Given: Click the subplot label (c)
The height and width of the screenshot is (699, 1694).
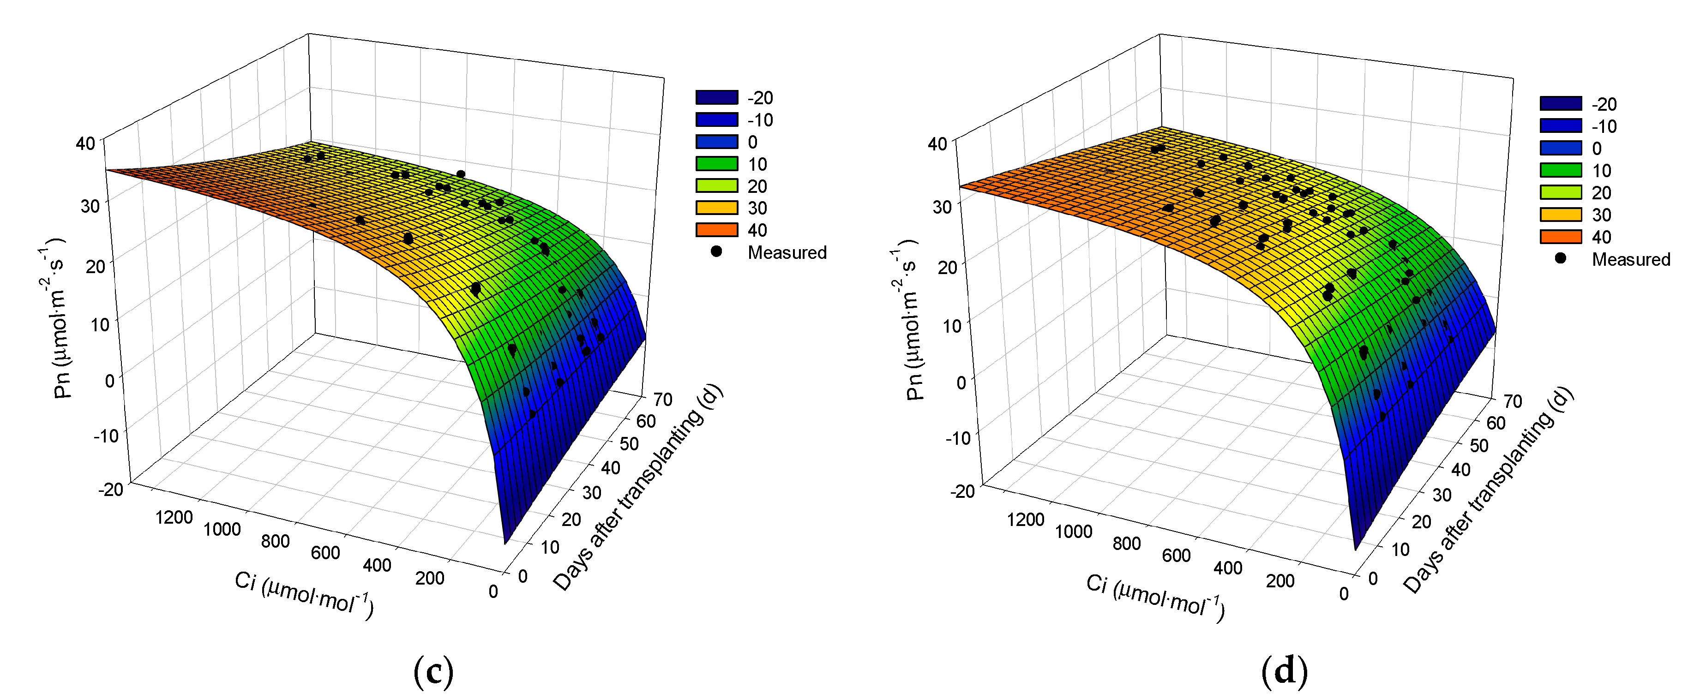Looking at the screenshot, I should click(433, 671).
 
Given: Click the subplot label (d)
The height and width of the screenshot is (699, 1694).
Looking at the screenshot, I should click(1284, 671).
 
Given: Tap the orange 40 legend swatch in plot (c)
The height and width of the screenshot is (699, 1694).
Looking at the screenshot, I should click(716, 229).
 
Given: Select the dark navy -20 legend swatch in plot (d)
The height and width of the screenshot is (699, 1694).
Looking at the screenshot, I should click(1560, 104).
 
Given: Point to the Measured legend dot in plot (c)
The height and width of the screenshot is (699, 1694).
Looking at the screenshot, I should click(716, 252).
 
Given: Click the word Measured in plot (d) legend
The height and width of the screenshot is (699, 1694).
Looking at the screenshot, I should click(1630, 259).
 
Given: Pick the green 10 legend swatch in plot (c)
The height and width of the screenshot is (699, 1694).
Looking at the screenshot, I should click(716, 164).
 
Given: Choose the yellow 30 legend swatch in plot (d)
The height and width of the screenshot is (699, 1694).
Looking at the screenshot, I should click(1560, 215).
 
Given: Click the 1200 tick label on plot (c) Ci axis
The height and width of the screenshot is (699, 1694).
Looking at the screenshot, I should click(174, 517).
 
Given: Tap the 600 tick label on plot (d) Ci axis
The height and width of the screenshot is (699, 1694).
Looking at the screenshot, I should click(1176, 556).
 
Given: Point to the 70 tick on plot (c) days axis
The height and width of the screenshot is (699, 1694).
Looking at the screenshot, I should click(662, 399).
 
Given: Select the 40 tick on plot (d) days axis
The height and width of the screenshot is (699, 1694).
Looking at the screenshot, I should click(1460, 470).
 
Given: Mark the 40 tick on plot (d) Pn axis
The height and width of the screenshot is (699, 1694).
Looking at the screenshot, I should click(937, 143).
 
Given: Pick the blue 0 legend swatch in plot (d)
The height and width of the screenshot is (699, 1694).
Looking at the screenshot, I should click(1560, 148).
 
